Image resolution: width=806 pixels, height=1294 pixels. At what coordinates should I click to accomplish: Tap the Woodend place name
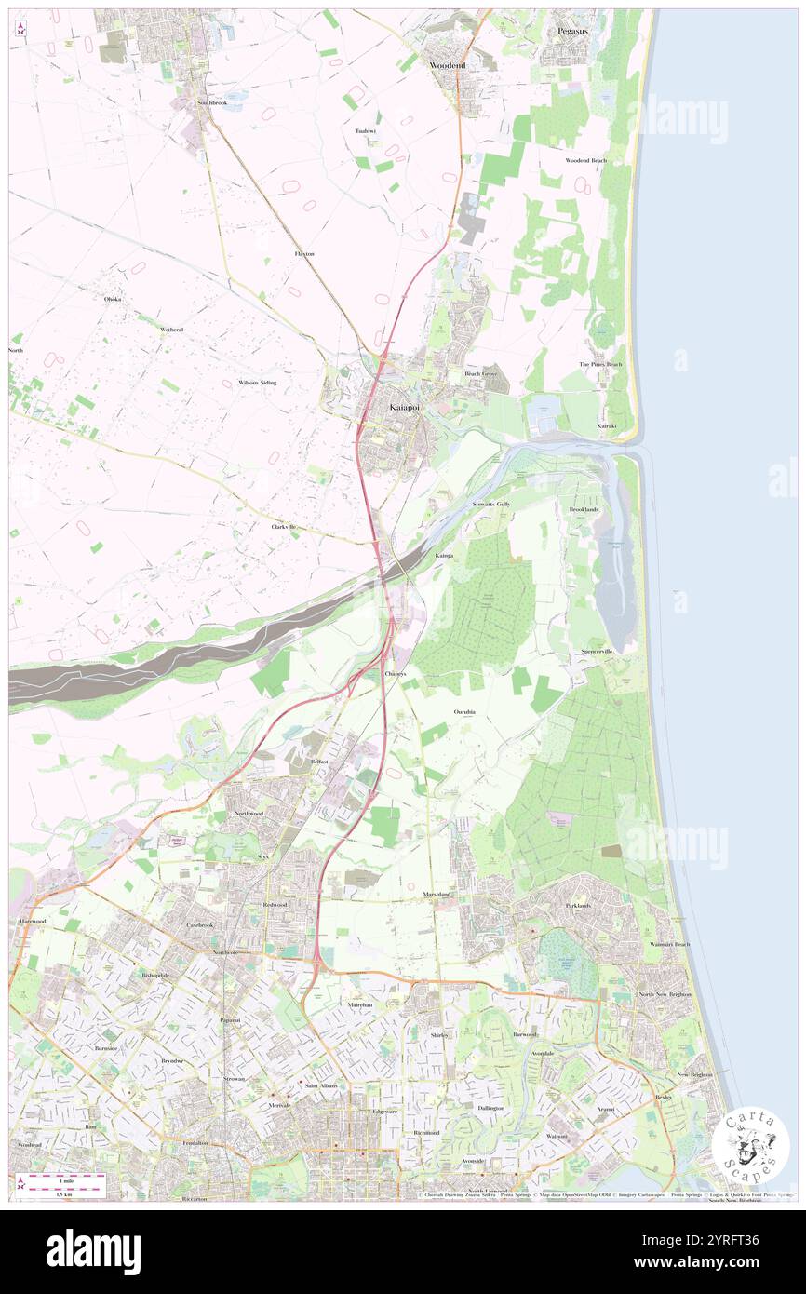[x=448, y=65]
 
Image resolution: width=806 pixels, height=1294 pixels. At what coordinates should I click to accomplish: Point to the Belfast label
[x=319, y=762]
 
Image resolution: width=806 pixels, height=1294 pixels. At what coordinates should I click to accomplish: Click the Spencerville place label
[x=597, y=652]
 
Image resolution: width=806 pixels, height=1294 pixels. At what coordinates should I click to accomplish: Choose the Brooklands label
[x=584, y=510]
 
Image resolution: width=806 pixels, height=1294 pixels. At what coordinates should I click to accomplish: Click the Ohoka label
[x=113, y=299]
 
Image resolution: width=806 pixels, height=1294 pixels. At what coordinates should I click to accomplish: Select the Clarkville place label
[x=283, y=527]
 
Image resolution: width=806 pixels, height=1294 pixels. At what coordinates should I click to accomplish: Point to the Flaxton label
[x=304, y=253]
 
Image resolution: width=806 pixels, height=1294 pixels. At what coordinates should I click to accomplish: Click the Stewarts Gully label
[x=490, y=504]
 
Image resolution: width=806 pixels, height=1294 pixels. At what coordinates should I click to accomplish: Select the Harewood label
[x=32, y=921]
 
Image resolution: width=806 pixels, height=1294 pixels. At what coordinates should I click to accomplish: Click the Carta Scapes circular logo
[x=750, y=1145]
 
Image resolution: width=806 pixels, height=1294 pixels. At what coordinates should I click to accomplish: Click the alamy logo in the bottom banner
[x=93, y=1251]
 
